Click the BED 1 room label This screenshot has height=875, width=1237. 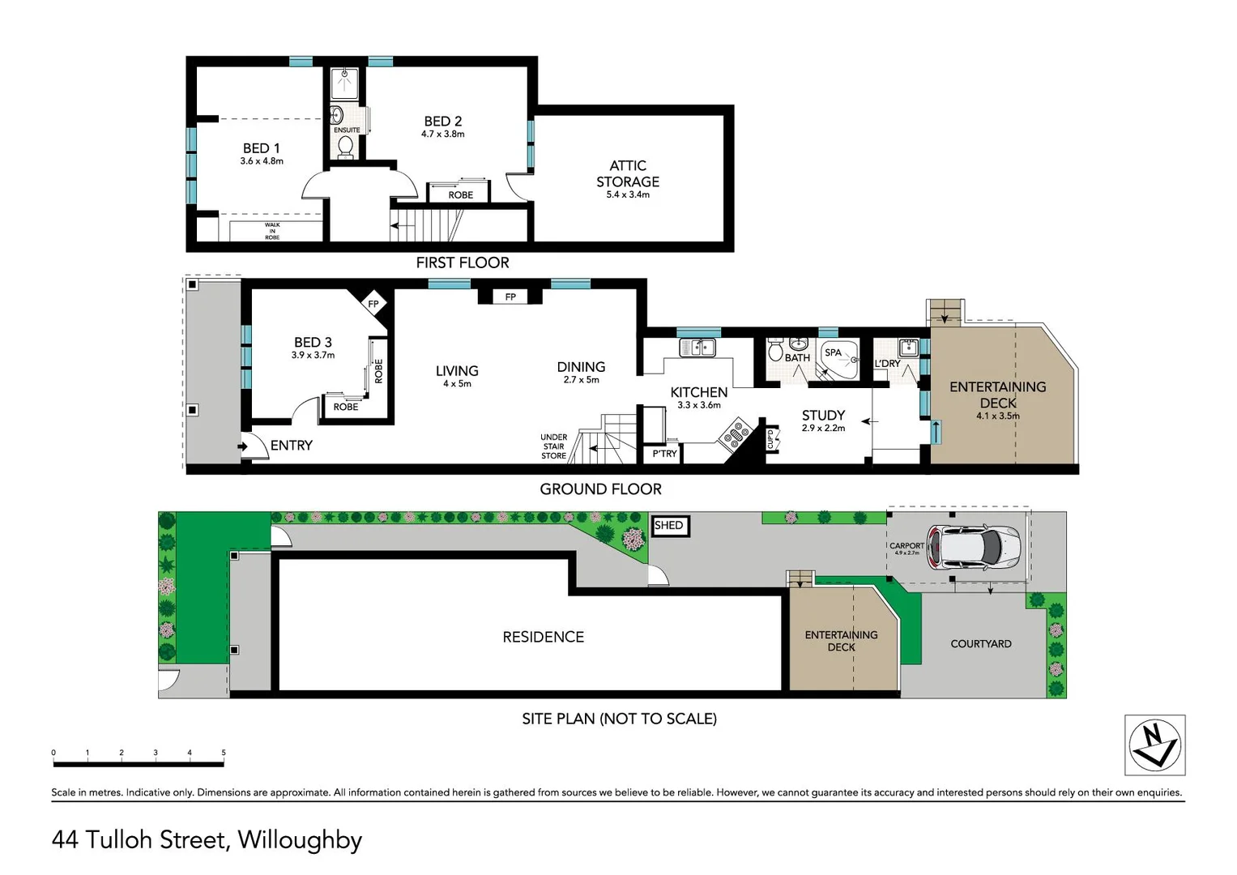coord(261,148)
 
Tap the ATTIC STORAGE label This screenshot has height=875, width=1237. coord(628,173)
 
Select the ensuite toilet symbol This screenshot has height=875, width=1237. coord(346,147)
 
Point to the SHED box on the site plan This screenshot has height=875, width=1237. coord(669,526)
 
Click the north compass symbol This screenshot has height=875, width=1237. coord(1154,745)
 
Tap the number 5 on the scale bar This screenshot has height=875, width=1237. coord(224,753)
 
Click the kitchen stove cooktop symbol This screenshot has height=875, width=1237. coord(736,433)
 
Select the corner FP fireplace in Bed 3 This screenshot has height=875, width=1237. coord(373,305)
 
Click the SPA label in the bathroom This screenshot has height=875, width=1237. coord(833,352)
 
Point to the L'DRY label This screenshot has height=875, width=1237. coord(887,364)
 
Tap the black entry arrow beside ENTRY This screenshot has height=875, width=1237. coord(242,446)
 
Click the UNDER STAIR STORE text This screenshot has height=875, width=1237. coord(554,446)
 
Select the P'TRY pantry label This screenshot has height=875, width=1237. coord(664,454)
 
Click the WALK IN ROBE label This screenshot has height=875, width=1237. coord(272,231)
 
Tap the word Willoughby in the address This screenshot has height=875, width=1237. coord(300,840)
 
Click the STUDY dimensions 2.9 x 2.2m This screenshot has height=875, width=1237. coord(823,429)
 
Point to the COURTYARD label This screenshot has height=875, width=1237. coord(980,644)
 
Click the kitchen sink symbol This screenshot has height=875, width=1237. coord(697,348)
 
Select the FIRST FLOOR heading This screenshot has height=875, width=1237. coord(462,262)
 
